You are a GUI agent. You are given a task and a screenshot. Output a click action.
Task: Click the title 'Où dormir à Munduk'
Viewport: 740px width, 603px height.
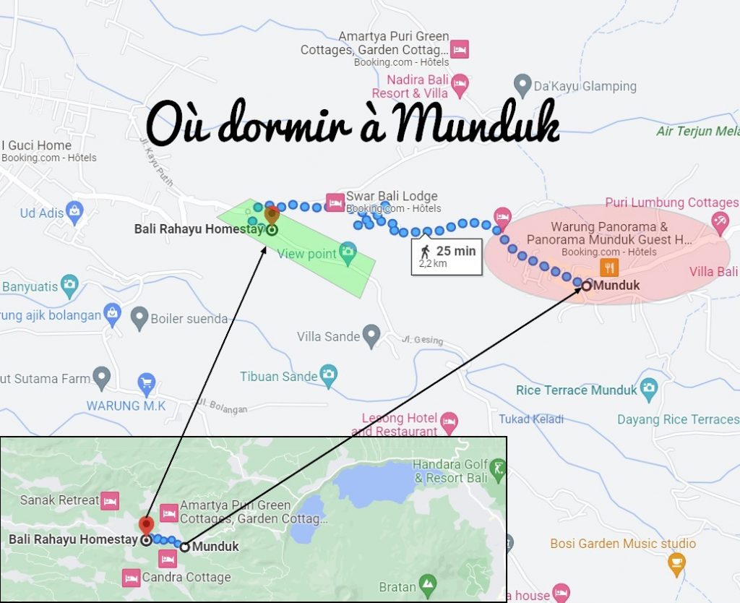coord(353,124)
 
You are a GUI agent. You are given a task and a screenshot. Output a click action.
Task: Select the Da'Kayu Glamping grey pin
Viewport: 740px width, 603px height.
coord(522,86)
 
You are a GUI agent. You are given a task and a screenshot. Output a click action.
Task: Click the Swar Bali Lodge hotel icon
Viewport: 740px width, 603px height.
coord(335,202)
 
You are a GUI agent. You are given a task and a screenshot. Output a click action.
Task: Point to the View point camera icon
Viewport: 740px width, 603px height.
coord(348,253)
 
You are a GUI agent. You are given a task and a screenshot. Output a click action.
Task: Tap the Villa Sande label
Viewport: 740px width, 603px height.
coord(328,336)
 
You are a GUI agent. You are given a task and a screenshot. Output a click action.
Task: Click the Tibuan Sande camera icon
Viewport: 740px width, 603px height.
coord(329,375)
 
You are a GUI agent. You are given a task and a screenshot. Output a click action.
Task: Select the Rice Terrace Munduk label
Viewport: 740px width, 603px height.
coord(576,390)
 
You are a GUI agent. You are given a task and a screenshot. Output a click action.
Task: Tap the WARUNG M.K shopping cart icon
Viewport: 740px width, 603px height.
coord(147,383)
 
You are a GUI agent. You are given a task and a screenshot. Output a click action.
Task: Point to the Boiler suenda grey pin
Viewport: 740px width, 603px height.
coord(139,317)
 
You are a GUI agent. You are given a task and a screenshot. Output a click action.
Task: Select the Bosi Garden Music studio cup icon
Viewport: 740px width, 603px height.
coord(676,563)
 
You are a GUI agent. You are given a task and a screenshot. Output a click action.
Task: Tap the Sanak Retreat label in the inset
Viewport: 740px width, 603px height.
coord(59,500)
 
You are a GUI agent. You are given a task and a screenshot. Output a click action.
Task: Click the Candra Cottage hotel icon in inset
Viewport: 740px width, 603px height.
coord(131,577)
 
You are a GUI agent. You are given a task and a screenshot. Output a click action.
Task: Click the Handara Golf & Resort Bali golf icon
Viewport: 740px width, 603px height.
coord(497,471)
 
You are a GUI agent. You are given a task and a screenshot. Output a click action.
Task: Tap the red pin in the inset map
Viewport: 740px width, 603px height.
coord(146,526)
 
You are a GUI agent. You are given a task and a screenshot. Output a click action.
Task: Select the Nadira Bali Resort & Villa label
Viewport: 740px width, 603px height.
coord(410,86)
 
